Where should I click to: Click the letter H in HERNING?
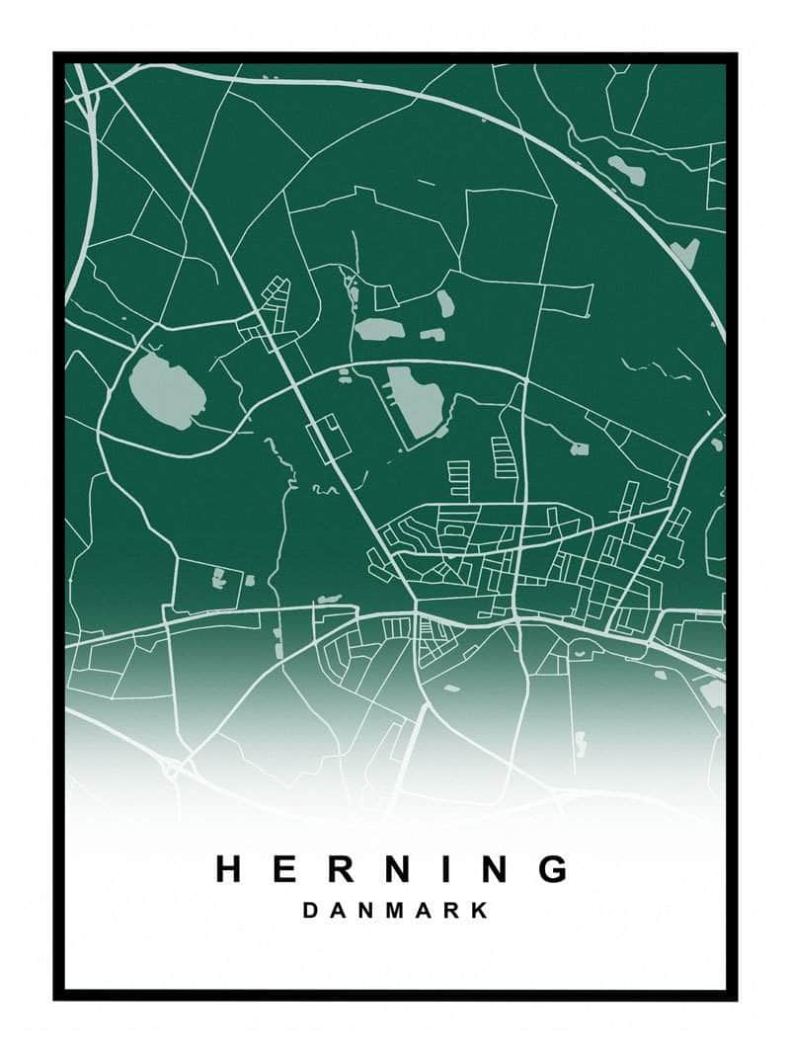point(230,869)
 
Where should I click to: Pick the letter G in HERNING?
point(554,869)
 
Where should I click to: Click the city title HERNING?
point(393,869)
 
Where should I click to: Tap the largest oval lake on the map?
point(167,391)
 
